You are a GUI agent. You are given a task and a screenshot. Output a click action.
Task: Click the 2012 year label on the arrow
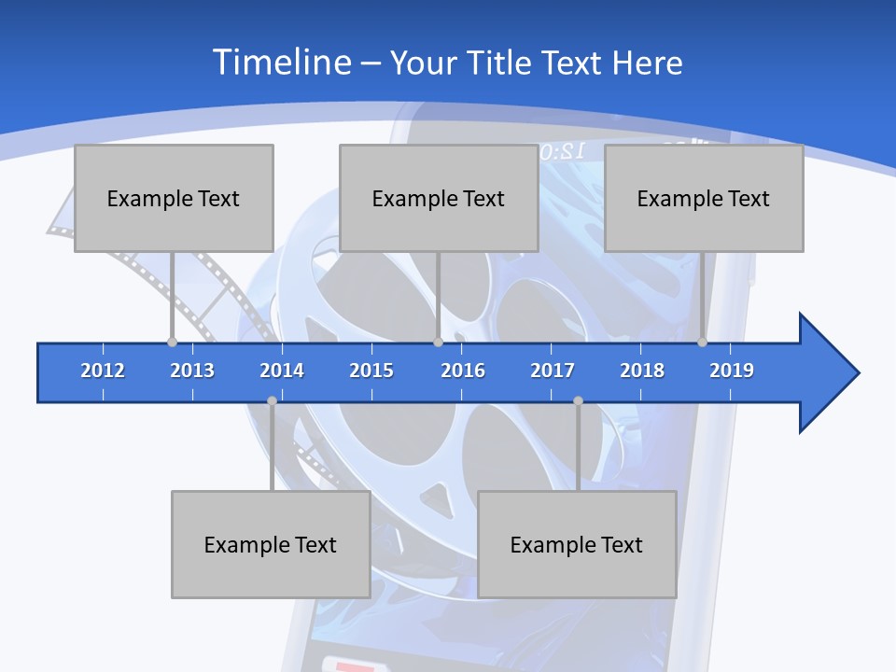click(x=103, y=371)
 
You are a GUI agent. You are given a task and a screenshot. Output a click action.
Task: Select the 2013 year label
click(x=192, y=371)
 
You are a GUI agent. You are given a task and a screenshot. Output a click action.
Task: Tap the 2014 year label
click(x=282, y=371)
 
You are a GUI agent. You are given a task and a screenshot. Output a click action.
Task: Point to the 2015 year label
click(x=371, y=371)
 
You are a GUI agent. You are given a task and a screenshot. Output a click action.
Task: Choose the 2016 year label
click(x=463, y=371)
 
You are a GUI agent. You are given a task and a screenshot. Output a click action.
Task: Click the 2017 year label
click(x=553, y=371)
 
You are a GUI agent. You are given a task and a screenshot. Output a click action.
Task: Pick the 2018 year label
click(x=642, y=371)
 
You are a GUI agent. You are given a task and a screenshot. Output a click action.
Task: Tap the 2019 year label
click(x=732, y=371)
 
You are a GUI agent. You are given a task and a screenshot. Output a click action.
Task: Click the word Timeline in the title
click(x=282, y=63)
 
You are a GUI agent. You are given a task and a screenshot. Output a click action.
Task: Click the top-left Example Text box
click(x=174, y=198)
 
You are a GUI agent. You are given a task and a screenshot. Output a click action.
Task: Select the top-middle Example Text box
click(x=439, y=198)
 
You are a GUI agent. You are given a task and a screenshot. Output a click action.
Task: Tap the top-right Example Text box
click(x=704, y=198)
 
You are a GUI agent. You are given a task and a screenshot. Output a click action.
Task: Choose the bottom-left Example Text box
click(x=271, y=544)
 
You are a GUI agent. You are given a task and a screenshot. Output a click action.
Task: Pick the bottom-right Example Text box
click(x=577, y=544)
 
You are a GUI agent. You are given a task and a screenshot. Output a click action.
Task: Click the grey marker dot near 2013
click(x=173, y=342)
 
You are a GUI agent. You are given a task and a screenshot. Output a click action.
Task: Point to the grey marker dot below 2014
click(x=272, y=400)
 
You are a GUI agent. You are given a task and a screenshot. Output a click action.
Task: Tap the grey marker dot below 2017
click(x=578, y=400)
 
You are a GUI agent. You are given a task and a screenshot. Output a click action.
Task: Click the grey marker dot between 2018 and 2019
click(x=703, y=342)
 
